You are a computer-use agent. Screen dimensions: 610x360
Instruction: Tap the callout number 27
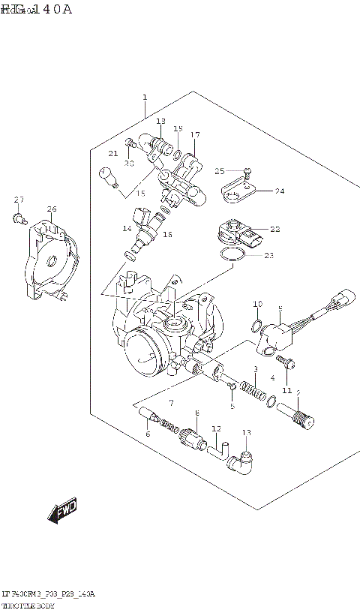[x=19, y=199]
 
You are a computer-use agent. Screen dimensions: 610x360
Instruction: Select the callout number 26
[x=51, y=209]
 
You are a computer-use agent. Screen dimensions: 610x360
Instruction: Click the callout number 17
[x=195, y=135]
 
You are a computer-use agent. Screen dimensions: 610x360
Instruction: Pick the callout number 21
[x=113, y=154]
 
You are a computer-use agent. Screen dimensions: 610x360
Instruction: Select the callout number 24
[x=279, y=191]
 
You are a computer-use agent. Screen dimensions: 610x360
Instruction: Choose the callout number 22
[x=274, y=229]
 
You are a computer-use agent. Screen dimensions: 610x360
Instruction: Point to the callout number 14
[x=127, y=228]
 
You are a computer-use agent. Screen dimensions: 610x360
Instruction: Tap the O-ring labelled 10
[x=256, y=326]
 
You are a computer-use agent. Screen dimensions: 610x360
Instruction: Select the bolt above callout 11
[x=291, y=365]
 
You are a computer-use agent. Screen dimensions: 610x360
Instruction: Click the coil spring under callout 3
[x=256, y=390]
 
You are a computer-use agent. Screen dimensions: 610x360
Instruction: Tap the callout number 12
[x=216, y=429]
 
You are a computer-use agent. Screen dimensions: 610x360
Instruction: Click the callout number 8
[x=196, y=413]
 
